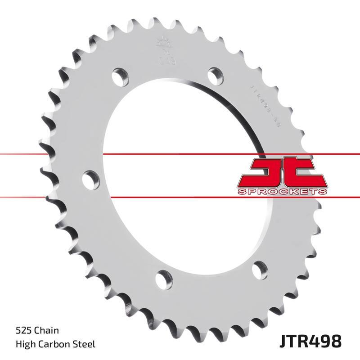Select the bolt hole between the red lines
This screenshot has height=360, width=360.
tap(91, 179)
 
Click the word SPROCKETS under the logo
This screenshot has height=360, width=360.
tap(282, 192)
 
